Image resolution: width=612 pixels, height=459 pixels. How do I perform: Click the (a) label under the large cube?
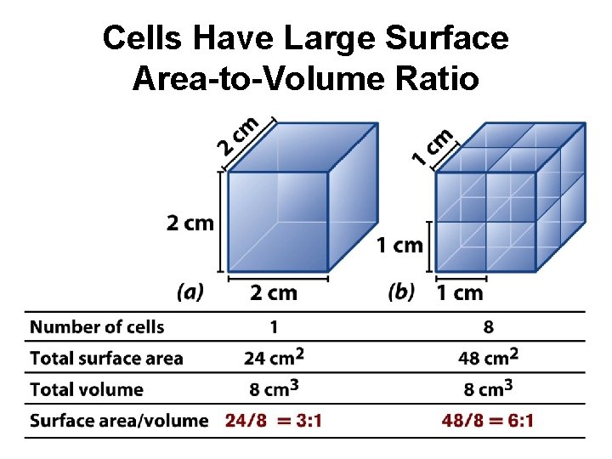click(x=190, y=293)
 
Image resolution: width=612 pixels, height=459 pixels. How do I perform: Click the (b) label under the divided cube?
click(x=400, y=293)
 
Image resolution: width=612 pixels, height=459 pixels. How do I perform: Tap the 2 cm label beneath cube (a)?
click(x=274, y=293)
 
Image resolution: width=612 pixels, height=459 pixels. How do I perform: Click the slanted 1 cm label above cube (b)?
click(x=431, y=145)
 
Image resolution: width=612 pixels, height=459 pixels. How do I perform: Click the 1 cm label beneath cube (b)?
click(x=460, y=293)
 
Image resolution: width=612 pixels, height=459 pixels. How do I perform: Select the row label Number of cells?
click(x=97, y=327)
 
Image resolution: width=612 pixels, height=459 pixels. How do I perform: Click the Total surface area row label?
click(x=106, y=359)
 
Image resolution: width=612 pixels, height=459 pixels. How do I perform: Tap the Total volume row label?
click(x=86, y=390)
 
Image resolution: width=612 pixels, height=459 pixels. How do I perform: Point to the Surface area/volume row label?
click(x=119, y=421)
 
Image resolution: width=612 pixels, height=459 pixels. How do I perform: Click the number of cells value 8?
click(x=488, y=327)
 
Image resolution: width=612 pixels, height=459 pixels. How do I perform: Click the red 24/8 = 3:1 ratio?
click(x=273, y=421)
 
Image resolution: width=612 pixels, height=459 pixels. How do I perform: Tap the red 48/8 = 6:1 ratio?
click(x=488, y=421)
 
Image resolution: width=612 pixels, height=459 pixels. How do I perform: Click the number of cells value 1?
click(x=273, y=327)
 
